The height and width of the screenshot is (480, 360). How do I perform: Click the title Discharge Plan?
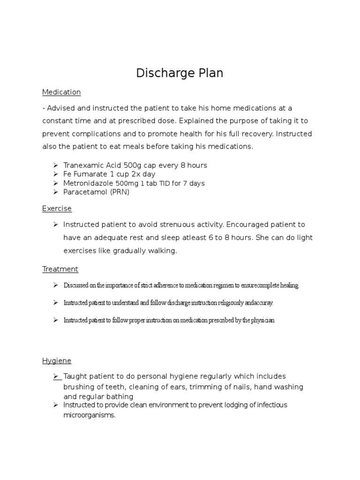pos(180,73)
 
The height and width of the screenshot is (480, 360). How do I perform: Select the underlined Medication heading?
pos(61,92)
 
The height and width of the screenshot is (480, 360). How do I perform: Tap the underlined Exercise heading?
pos(57,209)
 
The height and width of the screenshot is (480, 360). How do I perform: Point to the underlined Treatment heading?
pos(60,269)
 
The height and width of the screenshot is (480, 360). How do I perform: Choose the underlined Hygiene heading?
pos(57,360)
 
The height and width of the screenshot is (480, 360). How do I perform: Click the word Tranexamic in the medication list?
pos(82,165)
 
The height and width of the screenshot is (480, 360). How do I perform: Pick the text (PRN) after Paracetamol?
pos(120,192)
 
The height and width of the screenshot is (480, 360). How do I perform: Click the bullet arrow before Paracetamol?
pos(55,192)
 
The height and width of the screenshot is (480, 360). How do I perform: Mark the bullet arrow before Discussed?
pos(55,285)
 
